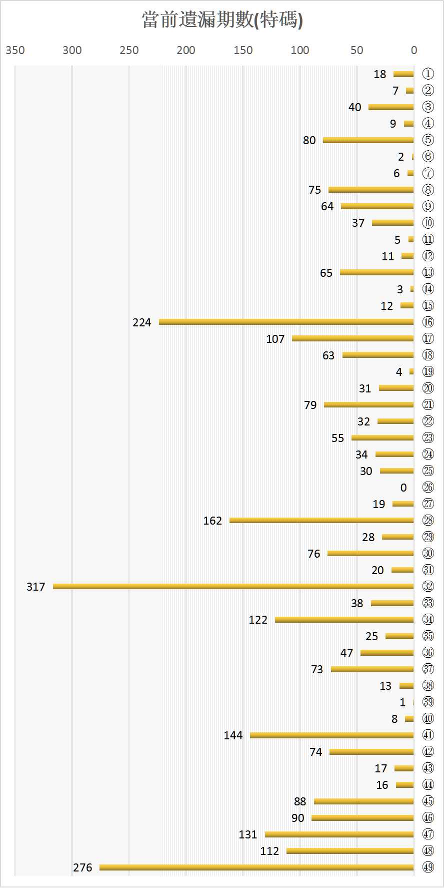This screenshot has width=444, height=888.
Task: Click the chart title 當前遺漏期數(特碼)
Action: pos(222,21)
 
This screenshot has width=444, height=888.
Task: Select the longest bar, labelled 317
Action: pos(233,586)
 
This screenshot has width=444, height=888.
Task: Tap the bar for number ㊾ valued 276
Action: pos(256,867)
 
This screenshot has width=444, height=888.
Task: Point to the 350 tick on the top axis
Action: pos(15,50)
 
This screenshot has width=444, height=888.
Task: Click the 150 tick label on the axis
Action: pos(243,50)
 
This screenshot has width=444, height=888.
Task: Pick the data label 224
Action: pos(142,322)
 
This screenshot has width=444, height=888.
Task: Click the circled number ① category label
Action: pos(428,74)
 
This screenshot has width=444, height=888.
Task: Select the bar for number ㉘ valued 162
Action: pos(321,520)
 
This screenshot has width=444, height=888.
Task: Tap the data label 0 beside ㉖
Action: pos(403,488)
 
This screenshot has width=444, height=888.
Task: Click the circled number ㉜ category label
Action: pos(428,586)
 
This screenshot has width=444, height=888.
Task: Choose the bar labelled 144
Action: pos(331,735)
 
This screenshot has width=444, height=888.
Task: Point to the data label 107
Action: pos(275,339)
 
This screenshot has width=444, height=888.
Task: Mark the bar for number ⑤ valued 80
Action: pos(368,140)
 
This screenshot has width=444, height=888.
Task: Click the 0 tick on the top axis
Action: pos(414,50)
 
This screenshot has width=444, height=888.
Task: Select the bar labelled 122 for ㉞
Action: pos(344,619)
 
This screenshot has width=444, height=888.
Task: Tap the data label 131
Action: pos(248,834)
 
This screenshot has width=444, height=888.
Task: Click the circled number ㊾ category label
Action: pos(428,867)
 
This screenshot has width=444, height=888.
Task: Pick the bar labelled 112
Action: pos(350,850)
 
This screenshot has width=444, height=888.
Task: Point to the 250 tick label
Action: pos(129,50)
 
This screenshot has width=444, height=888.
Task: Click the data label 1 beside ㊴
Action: pos(402,702)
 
